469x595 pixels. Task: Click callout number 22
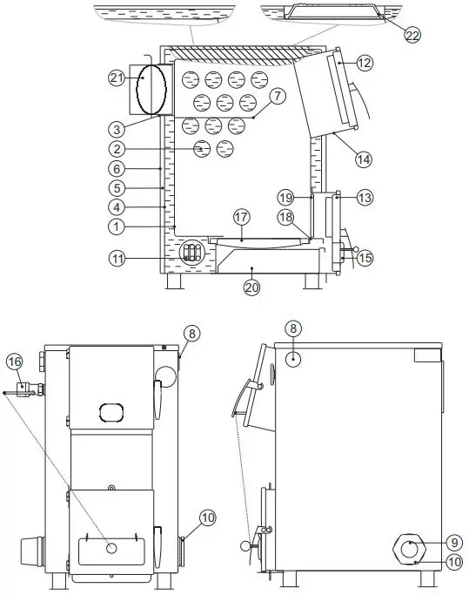[x=412, y=35]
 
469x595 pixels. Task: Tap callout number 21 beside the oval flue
[x=117, y=78]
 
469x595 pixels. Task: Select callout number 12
[x=365, y=63]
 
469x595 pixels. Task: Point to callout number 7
[x=278, y=96]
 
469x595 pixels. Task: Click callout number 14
[x=364, y=159]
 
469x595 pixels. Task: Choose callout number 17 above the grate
[x=241, y=218]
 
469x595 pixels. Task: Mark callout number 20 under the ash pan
[x=251, y=287]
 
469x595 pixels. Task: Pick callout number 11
[x=117, y=259]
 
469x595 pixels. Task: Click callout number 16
[x=15, y=362]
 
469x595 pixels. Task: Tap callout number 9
[x=454, y=543]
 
